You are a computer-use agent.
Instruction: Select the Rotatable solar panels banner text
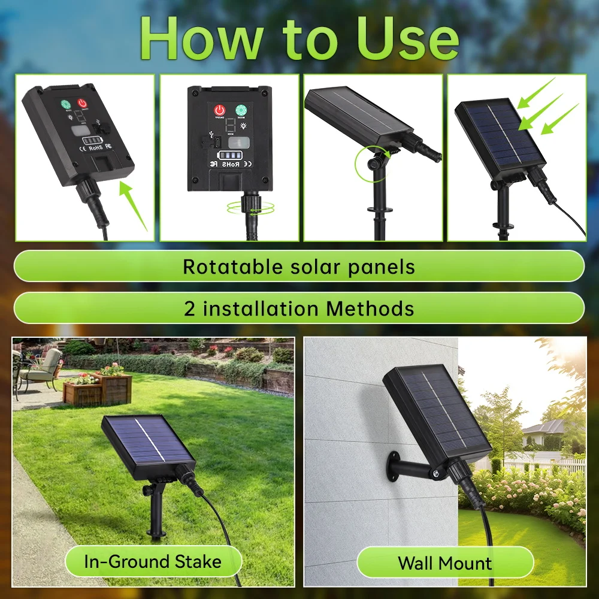pos(298,267)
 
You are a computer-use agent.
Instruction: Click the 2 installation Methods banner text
pos(298,308)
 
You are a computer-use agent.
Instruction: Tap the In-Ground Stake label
pos(153,562)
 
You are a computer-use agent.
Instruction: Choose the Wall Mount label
pos(444,563)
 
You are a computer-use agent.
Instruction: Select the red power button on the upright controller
pos(219,111)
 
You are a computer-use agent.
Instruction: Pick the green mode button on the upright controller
pos(241,110)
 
